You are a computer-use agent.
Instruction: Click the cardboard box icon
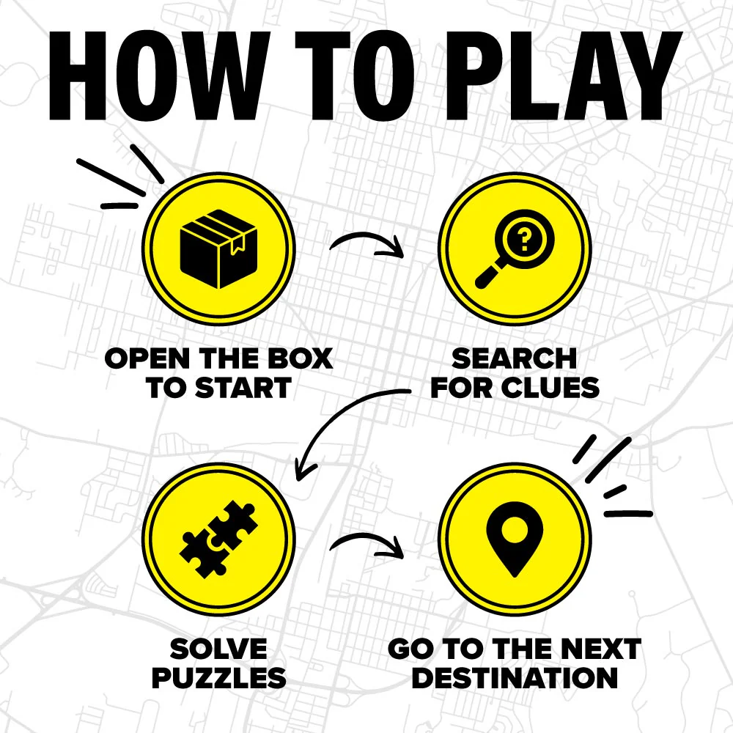click(x=218, y=248)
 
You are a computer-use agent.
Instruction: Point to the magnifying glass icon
click(x=515, y=248)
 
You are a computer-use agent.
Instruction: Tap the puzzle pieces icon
click(x=218, y=539)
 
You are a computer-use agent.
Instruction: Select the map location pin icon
click(x=515, y=539)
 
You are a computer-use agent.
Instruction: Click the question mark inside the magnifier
click(x=525, y=240)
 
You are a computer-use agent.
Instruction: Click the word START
click(x=243, y=388)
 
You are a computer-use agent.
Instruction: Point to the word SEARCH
click(x=515, y=358)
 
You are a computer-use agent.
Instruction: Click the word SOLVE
click(x=218, y=649)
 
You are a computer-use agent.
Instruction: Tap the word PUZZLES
click(x=218, y=678)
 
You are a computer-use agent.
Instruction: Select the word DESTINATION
click(x=515, y=678)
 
